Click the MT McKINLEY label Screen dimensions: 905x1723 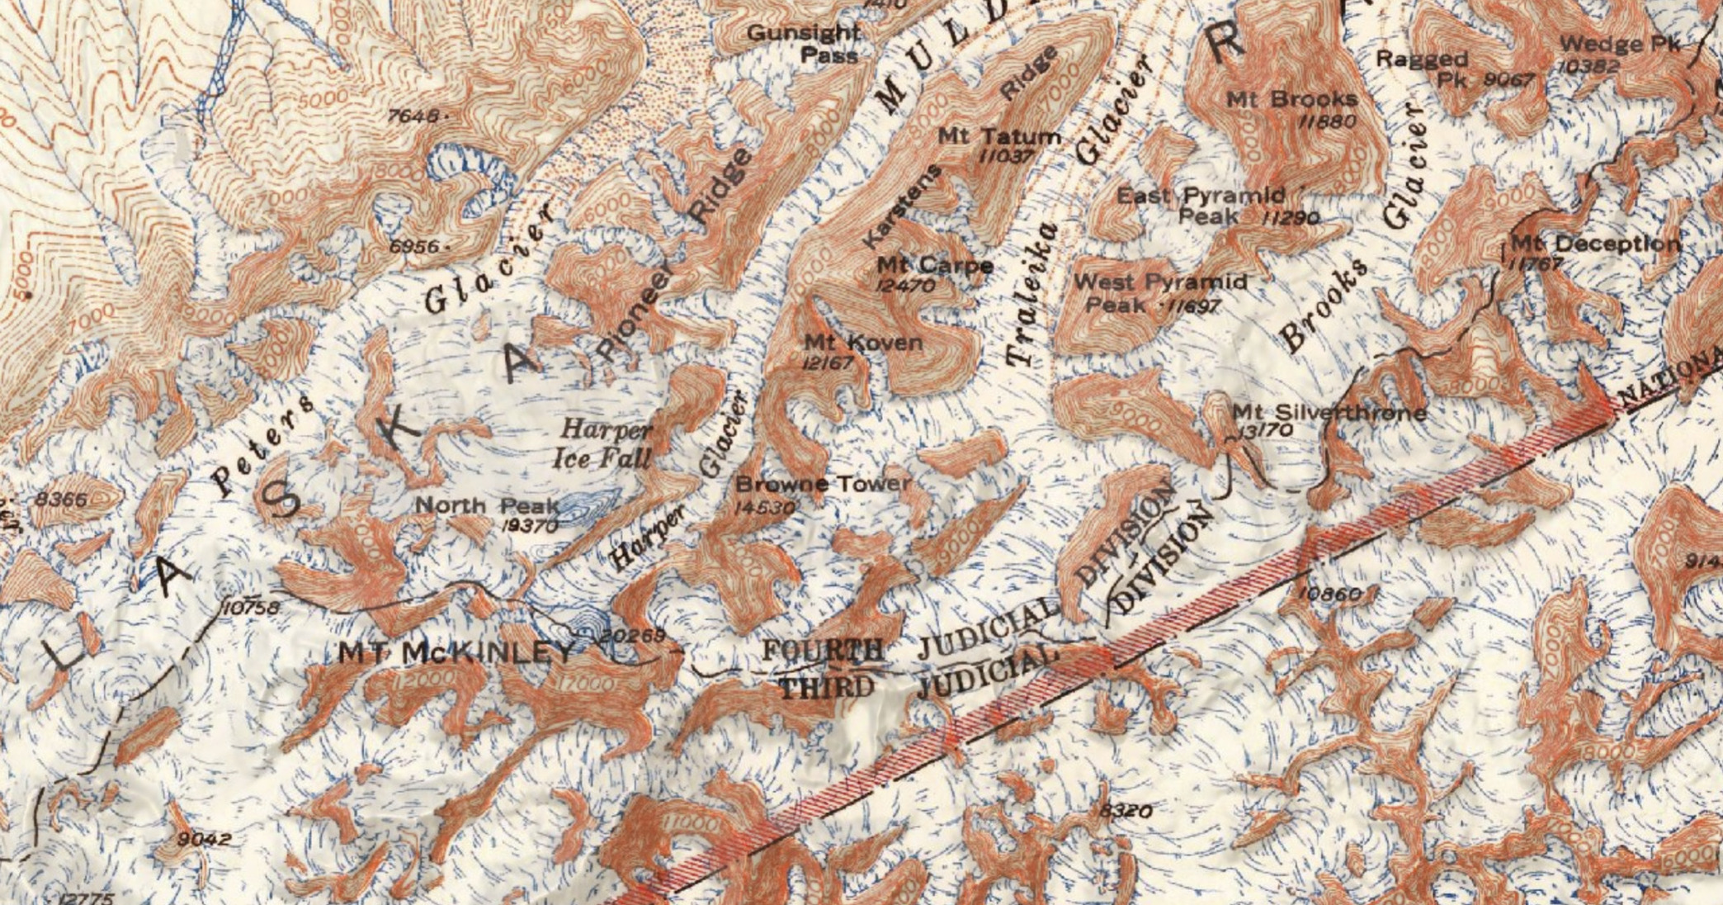456,652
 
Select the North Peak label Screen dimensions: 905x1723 486,505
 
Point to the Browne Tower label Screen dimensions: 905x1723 823,484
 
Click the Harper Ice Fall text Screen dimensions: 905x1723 606,443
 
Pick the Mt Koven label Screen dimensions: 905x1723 863,342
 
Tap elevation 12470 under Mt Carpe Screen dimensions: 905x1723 907,286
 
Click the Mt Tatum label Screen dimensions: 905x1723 999,136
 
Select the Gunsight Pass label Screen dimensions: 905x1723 803,44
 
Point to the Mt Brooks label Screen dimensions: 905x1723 1291,100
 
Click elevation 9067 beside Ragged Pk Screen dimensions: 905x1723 1508,80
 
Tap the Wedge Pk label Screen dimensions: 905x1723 1619,45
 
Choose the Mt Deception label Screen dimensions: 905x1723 1594,244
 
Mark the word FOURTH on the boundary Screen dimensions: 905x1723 823,650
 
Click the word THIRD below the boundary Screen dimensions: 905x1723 826,687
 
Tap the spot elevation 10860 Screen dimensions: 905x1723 1328,593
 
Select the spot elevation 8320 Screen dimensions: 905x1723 1126,811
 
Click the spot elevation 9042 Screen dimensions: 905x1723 204,840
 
